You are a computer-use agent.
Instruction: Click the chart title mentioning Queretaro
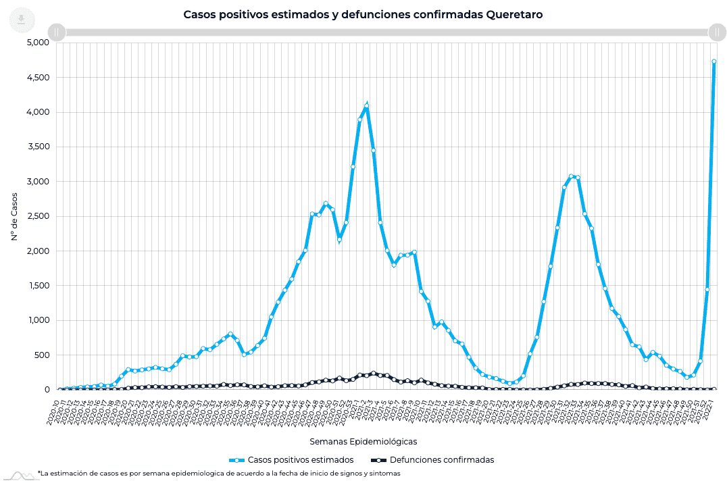pos(363,14)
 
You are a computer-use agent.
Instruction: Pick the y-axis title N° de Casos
pos(14,216)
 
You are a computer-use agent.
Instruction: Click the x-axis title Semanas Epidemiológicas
pos(363,441)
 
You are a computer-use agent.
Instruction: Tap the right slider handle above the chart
pos(716,32)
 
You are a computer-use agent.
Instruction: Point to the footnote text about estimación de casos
pos(220,474)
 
